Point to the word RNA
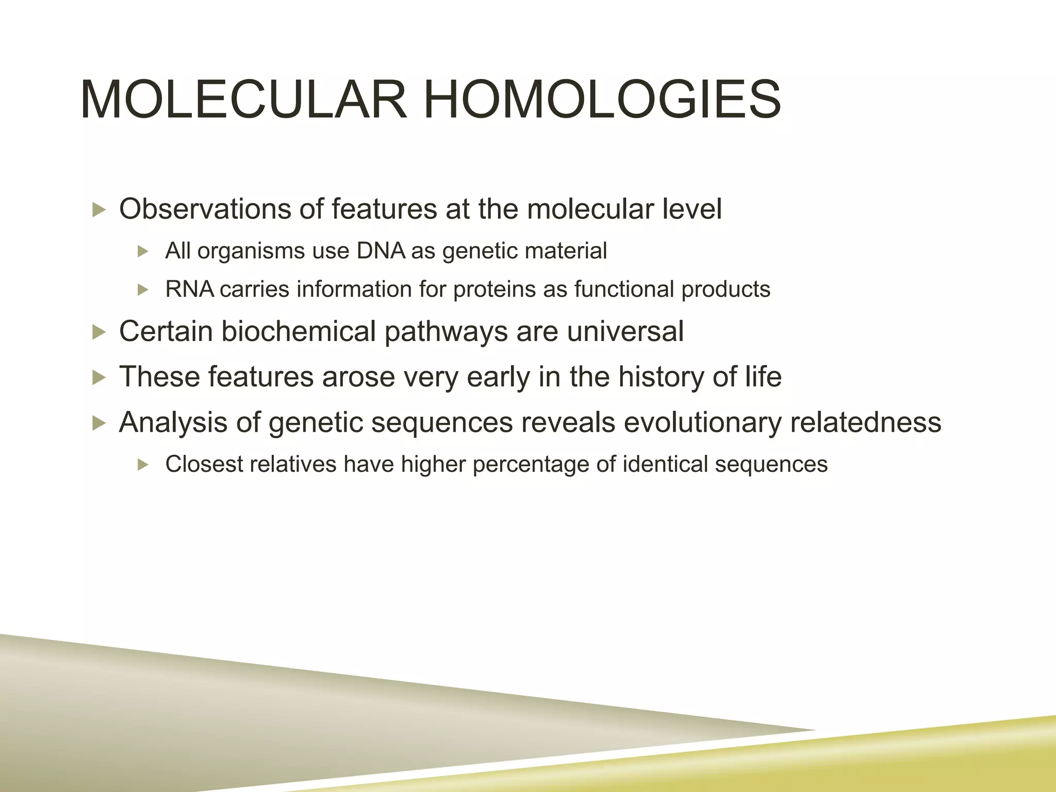[x=189, y=289]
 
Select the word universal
[x=625, y=331]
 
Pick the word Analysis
[x=173, y=422]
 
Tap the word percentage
[x=531, y=465]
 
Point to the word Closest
[x=204, y=464]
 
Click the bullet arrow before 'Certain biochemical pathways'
[x=98, y=332]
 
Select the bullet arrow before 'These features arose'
[x=98, y=377]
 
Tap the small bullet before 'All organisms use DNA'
[x=143, y=252]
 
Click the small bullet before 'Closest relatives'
[x=143, y=465]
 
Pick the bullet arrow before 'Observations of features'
[x=98, y=210]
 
